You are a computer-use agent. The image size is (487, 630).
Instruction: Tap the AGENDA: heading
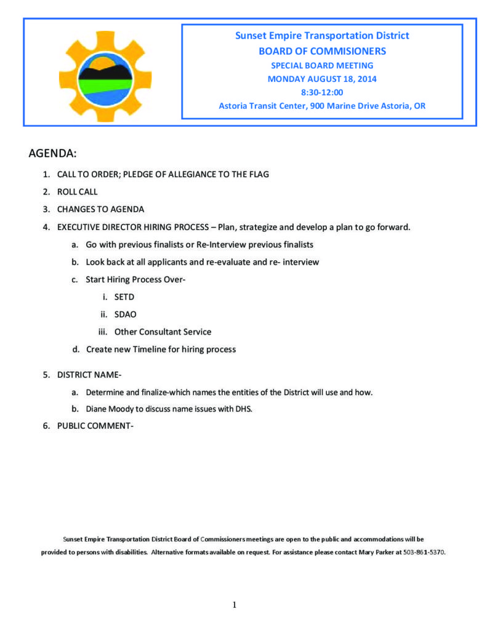click(52, 153)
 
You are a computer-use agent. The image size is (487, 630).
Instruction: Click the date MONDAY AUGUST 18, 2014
click(321, 79)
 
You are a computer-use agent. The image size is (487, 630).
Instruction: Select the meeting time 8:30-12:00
click(321, 92)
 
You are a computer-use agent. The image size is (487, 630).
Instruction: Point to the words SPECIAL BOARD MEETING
click(321, 65)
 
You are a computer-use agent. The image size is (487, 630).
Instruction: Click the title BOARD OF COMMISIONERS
click(321, 50)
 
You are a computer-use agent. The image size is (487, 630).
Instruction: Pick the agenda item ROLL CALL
click(77, 191)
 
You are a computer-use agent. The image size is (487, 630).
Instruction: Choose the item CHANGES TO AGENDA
click(100, 209)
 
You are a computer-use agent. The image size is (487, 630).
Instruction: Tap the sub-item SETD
click(124, 297)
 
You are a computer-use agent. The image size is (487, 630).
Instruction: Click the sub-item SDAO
click(126, 314)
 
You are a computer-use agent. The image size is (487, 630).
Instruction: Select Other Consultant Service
click(163, 332)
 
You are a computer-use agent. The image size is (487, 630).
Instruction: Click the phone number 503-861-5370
click(423, 552)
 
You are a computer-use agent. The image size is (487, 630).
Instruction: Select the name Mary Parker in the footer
click(374, 552)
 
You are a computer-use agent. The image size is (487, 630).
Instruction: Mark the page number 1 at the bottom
click(234, 605)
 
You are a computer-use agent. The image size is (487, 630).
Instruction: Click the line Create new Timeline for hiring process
click(161, 349)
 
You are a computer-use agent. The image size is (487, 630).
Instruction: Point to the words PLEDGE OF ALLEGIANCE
click(167, 174)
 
